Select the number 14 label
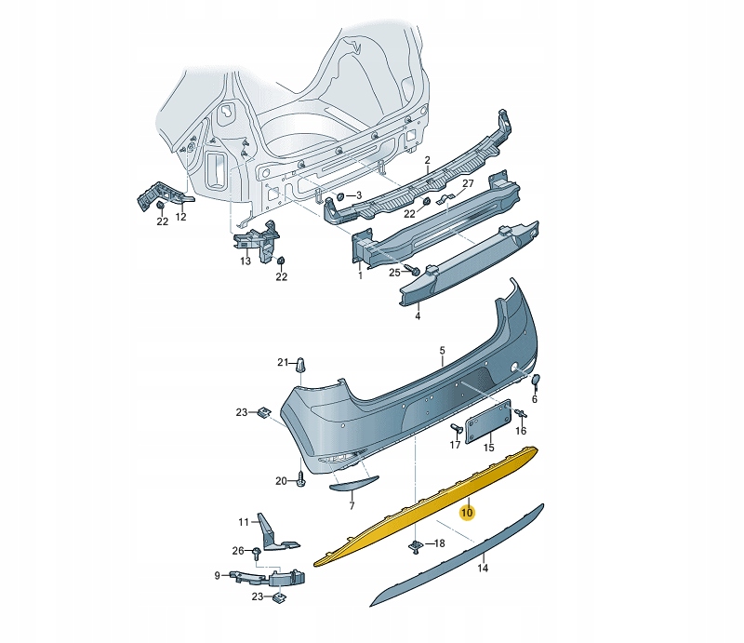tap(483, 568)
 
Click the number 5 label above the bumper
tap(443, 351)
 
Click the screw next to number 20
tap(301, 480)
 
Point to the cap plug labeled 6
tap(536, 381)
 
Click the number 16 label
tap(521, 432)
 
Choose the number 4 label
tap(418, 316)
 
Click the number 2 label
tap(427, 160)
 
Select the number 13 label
tap(246, 261)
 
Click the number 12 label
tap(181, 218)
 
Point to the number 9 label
tap(218, 576)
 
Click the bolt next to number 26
tap(256, 553)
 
